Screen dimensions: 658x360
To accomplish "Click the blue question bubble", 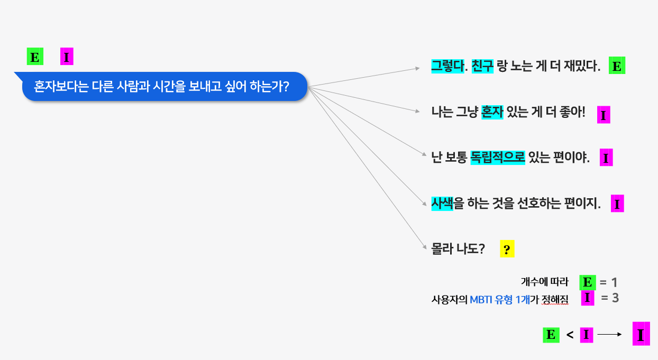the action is [164, 86].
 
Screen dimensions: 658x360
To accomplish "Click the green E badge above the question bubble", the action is [35, 57].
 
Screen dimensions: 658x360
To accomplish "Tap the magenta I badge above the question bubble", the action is [67, 57].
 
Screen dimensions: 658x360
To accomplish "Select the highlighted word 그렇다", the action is [446, 66].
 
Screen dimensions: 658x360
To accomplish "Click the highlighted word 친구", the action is [482, 66].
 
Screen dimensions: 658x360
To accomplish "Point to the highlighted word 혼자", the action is [492, 112].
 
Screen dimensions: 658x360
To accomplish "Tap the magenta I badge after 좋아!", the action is [604, 114].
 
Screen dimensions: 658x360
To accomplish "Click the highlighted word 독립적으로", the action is [497, 158].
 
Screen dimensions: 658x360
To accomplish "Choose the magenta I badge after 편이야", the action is [606, 158].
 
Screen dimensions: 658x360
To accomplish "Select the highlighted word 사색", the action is [442, 204].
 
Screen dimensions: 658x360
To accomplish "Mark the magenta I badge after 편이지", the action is [617, 204].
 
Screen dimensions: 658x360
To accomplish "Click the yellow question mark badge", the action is [507, 250].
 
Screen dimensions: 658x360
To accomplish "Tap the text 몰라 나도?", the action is [459, 249].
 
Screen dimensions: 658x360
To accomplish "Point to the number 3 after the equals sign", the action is [615, 298].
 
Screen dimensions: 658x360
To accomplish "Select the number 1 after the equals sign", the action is [614, 282].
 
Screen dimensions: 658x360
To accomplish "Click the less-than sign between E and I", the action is [570, 335].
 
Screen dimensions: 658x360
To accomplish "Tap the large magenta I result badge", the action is [641, 334].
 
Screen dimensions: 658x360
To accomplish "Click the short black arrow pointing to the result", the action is [610, 334].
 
